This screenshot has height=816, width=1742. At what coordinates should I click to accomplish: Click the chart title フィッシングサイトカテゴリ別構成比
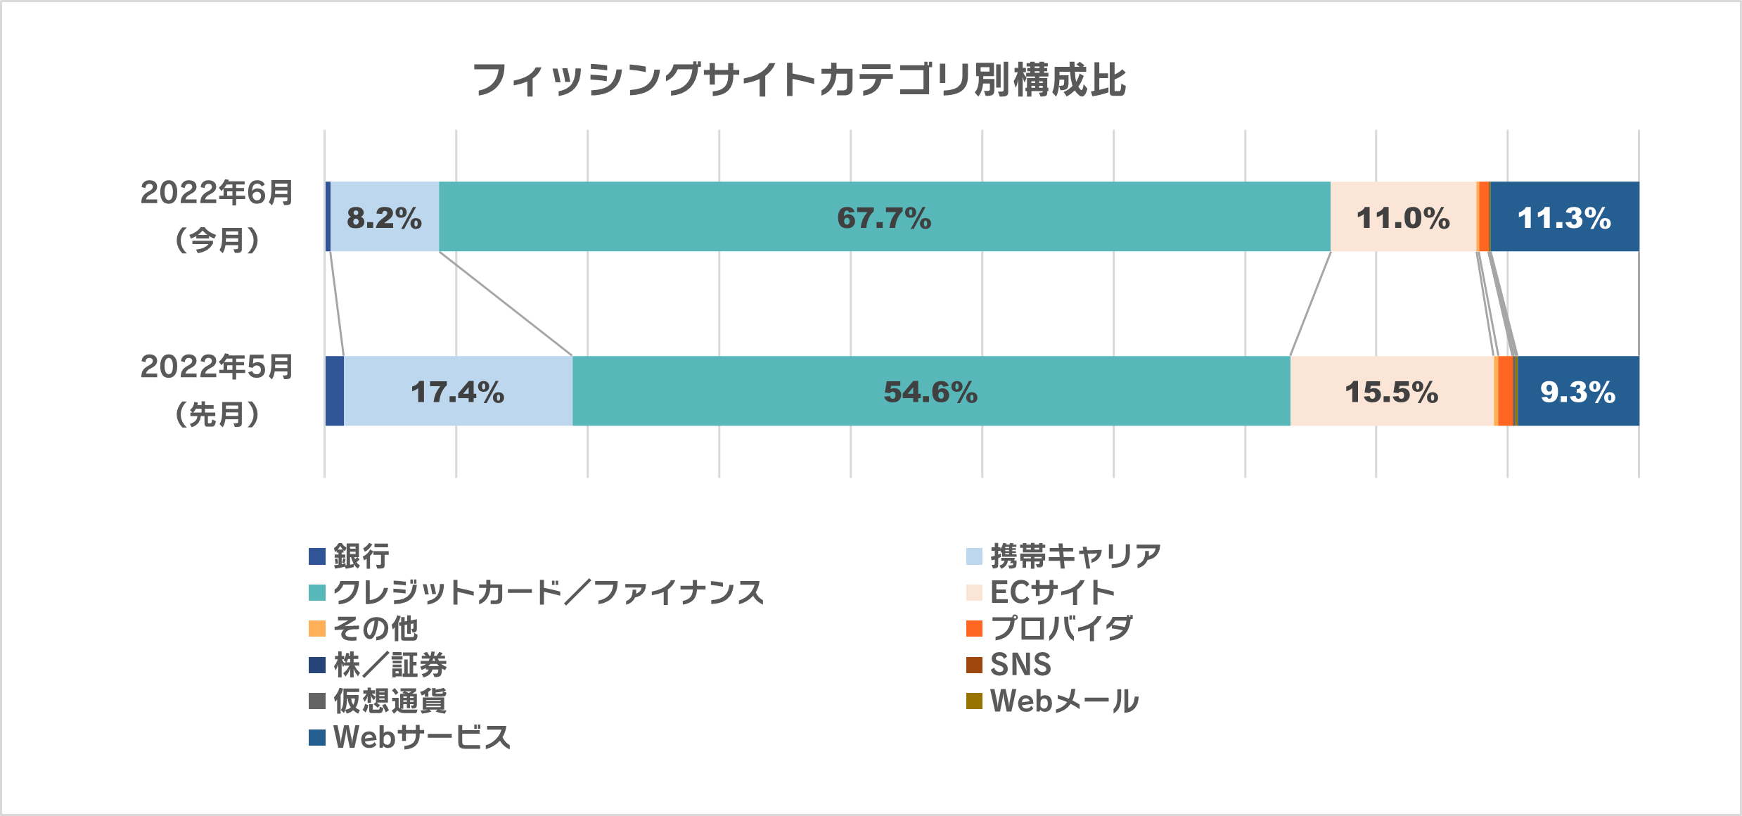click(799, 79)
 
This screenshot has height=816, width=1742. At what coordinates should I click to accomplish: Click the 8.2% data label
click(384, 217)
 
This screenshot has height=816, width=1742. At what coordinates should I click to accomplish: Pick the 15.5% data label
click(1391, 392)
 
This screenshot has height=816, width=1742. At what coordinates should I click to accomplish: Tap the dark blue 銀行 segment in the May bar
click(335, 391)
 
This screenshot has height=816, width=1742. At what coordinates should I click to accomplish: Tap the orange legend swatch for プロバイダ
click(974, 628)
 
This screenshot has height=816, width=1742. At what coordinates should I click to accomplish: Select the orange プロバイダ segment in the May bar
click(1505, 391)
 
